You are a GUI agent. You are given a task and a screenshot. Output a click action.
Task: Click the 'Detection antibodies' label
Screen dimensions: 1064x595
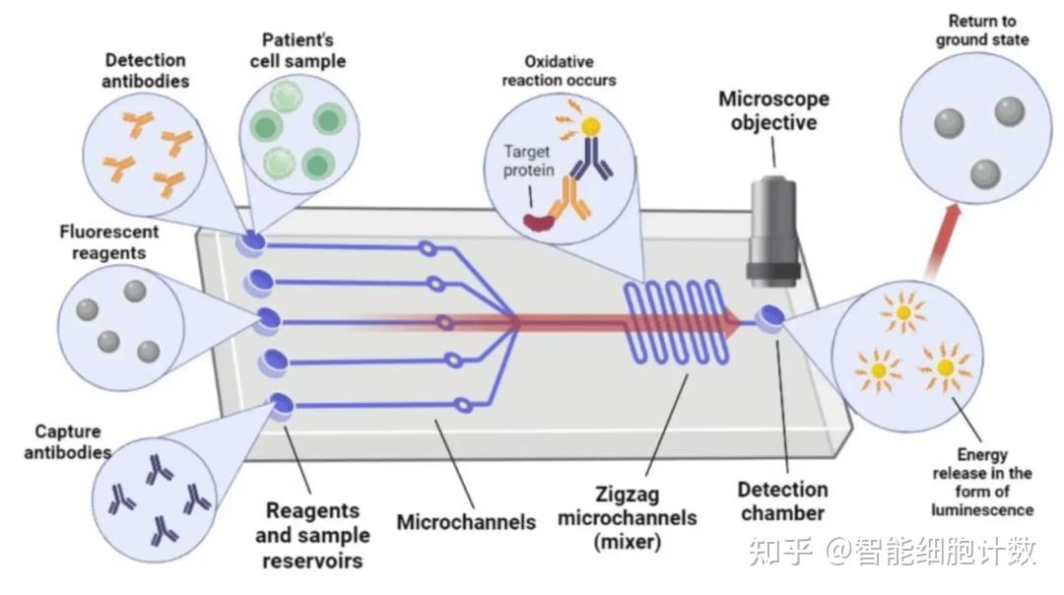(x=145, y=71)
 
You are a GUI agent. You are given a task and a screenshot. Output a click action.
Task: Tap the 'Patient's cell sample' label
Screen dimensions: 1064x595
(x=298, y=50)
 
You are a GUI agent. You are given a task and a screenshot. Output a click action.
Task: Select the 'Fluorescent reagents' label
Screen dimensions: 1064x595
(x=108, y=242)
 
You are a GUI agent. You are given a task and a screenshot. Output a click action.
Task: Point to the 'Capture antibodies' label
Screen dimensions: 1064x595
(x=67, y=441)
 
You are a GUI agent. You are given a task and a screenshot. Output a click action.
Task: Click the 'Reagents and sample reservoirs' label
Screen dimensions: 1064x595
(x=313, y=535)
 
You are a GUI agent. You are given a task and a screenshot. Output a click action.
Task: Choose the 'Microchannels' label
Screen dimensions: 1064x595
(x=466, y=522)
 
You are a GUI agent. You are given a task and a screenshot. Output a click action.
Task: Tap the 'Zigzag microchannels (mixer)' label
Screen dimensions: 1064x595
(x=627, y=517)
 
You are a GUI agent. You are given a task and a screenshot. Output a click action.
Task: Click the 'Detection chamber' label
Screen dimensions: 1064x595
(x=782, y=500)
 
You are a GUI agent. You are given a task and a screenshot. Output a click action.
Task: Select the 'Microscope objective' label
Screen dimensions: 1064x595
(x=773, y=110)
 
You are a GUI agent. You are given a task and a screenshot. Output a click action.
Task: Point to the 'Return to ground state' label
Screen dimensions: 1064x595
(x=982, y=31)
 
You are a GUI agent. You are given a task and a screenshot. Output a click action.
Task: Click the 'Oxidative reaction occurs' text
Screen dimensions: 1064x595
(x=559, y=71)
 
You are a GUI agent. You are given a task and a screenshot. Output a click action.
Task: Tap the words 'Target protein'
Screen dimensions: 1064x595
(x=528, y=161)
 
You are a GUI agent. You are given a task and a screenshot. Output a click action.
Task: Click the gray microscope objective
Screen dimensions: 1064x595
(x=773, y=230)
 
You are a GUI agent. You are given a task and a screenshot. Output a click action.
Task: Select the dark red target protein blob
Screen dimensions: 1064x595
(x=540, y=220)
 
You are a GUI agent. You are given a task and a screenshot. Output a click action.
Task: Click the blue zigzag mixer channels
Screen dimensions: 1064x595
(x=676, y=321)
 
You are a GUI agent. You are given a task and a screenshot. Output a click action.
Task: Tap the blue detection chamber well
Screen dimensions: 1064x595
(x=771, y=316)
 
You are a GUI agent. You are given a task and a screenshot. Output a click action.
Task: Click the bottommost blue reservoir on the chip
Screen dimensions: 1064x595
(x=280, y=405)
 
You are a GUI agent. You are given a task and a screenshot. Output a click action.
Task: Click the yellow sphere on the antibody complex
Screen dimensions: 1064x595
(x=590, y=126)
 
